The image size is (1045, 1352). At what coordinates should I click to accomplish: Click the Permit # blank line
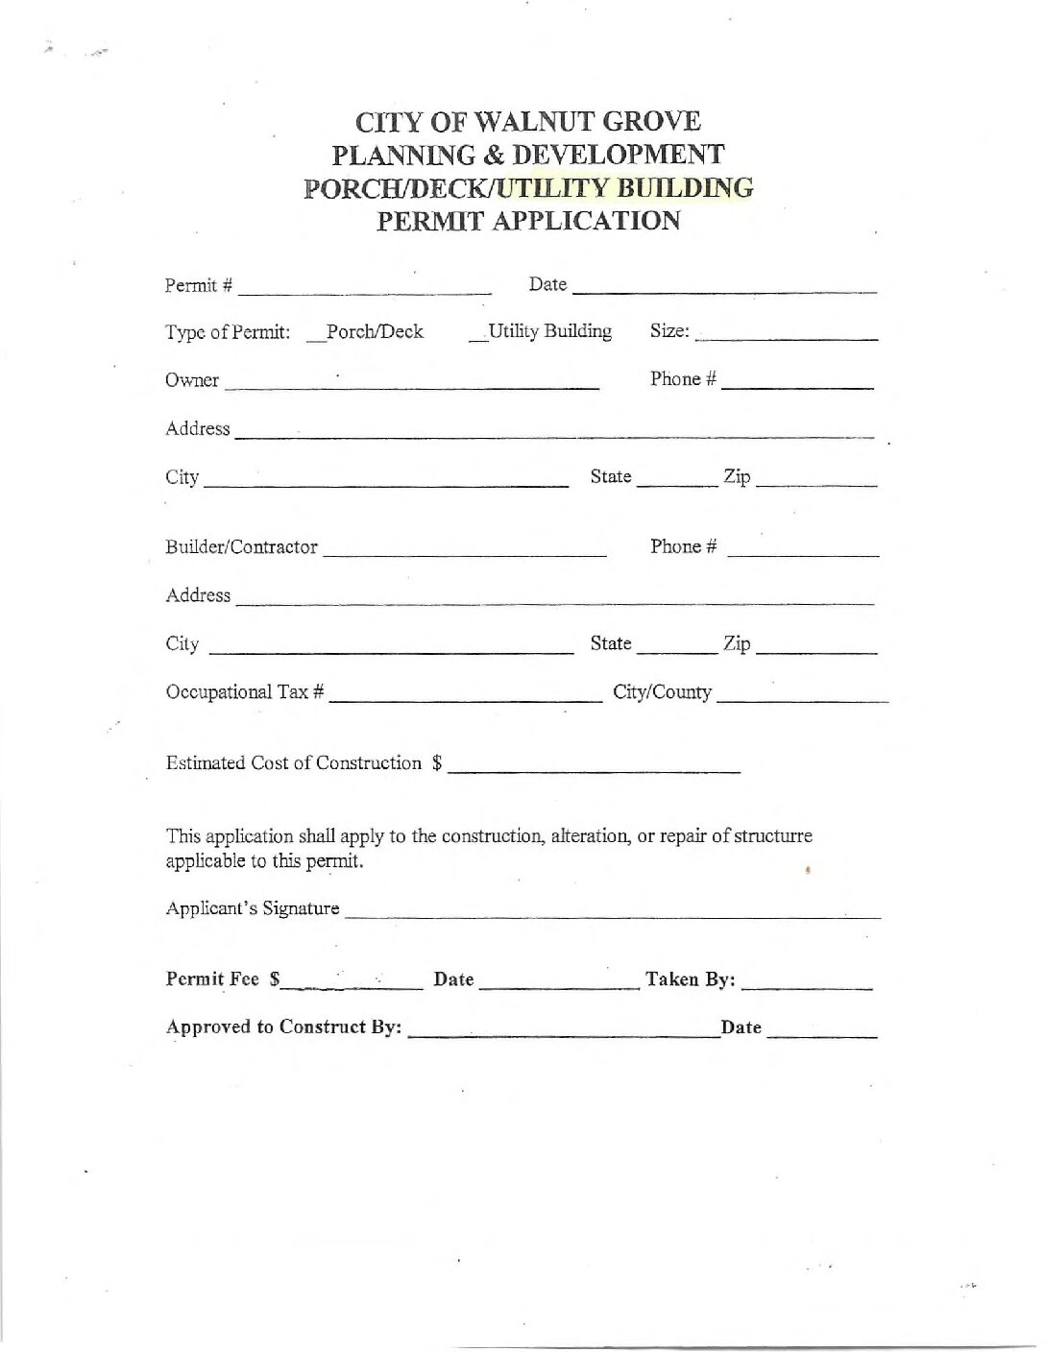tap(365, 288)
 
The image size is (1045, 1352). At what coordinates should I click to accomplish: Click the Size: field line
tap(786, 336)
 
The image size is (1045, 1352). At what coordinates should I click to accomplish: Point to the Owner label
tap(192, 380)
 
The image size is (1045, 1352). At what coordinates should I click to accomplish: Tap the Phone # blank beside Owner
tap(797, 384)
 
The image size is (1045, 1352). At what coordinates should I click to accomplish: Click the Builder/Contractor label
tap(241, 547)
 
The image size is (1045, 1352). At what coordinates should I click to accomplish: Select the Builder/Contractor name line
tap(465, 552)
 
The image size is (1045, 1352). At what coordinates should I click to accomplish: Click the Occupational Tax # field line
tap(465, 697)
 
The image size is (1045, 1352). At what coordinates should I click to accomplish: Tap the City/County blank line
tap(802, 698)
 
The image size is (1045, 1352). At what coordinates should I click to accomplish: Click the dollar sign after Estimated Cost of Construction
tap(437, 763)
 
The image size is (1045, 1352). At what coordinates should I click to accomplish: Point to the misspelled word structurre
tap(773, 835)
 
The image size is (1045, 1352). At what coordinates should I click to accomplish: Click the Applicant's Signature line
tap(612, 914)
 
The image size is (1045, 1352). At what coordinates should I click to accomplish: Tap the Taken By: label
tap(691, 979)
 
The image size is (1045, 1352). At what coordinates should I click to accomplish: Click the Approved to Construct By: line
tap(565, 1033)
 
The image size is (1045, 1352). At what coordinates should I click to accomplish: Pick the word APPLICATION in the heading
tap(586, 221)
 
